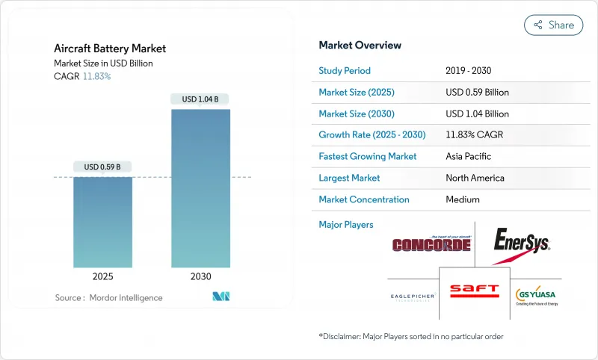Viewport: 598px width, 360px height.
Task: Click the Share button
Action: click(554, 25)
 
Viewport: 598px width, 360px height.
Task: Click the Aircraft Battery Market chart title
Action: click(109, 49)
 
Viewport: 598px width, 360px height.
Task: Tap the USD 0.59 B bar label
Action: click(103, 167)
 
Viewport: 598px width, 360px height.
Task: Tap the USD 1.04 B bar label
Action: click(200, 99)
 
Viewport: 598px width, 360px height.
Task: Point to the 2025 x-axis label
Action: click(103, 276)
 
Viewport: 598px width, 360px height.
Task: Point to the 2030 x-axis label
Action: click(200, 276)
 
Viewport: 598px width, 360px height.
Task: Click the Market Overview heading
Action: click(360, 45)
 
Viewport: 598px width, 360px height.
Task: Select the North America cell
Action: click(474, 178)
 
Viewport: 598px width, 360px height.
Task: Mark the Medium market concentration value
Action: click(462, 199)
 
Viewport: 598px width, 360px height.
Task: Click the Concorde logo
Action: click(431, 244)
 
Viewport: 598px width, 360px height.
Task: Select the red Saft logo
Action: click(473, 291)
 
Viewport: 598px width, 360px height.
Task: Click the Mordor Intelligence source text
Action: click(108, 298)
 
